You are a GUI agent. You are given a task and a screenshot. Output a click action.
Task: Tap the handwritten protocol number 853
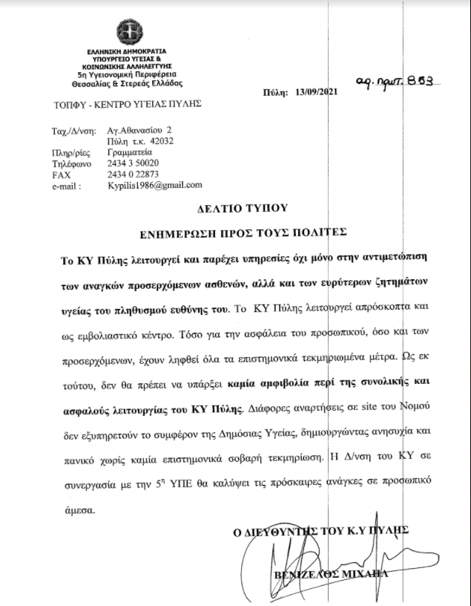420,83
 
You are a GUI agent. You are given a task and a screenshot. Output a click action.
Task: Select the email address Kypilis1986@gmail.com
155,185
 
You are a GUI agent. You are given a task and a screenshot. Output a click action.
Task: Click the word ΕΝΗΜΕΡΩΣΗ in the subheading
175,233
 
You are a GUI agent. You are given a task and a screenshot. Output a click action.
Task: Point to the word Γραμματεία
130,151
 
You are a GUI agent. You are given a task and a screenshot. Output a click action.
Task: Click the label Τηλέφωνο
71,163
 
